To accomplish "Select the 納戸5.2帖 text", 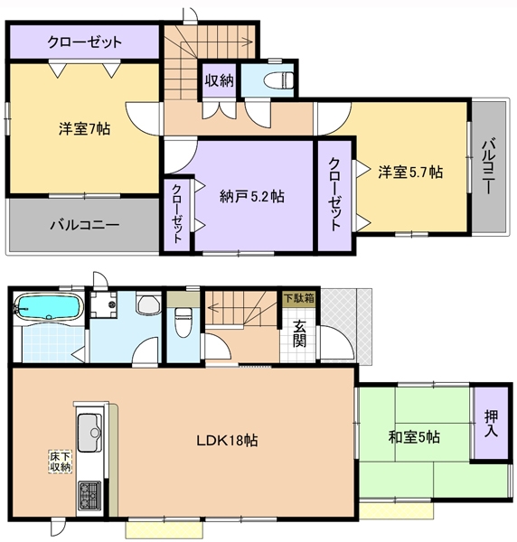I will click(x=252, y=195).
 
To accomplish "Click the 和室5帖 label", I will click(x=414, y=438).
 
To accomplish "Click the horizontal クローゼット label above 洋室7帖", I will click(x=85, y=42).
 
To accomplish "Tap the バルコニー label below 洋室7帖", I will click(x=83, y=225).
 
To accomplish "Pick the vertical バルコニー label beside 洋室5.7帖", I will click(x=487, y=166).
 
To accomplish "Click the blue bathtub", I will click(x=50, y=307).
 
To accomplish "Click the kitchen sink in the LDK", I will click(x=90, y=433).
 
